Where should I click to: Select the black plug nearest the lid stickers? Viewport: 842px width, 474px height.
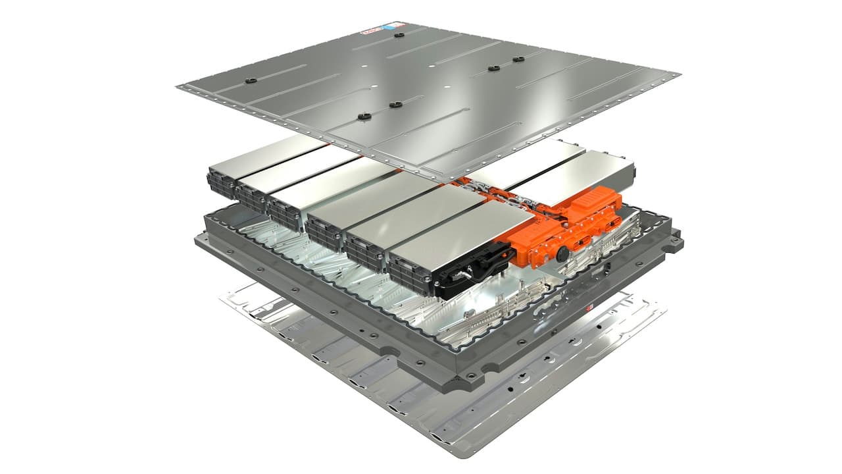tap(399, 34)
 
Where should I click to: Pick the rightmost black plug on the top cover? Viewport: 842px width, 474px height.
tap(518, 59)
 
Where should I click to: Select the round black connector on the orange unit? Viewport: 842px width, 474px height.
tap(562, 251)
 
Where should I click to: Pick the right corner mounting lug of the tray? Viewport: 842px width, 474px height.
tap(674, 244)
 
